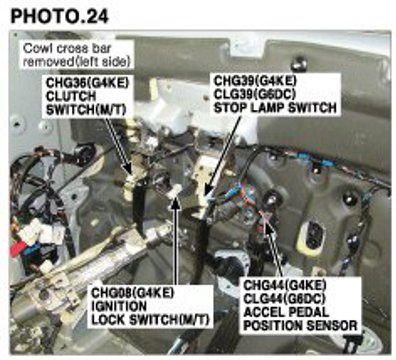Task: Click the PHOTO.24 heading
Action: pos(60,16)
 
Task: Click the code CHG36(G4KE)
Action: pos(87,83)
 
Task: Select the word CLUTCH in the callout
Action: pos(71,96)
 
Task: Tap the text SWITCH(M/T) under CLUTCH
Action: pos(86,109)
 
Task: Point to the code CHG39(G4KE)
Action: pos(255,81)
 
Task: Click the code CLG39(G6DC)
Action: pos(255,94)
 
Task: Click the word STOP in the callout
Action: pos(229,107)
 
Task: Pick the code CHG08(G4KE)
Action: pos(133,293)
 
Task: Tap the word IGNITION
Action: pos(119,306)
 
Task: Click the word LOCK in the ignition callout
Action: pos(108,319)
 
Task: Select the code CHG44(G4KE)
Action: pos(285,285)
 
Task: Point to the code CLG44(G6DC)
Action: pos(285,299)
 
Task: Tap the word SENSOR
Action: pos(331,325)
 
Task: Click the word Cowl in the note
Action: pos(37,49)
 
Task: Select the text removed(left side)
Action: pos(76,61)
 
